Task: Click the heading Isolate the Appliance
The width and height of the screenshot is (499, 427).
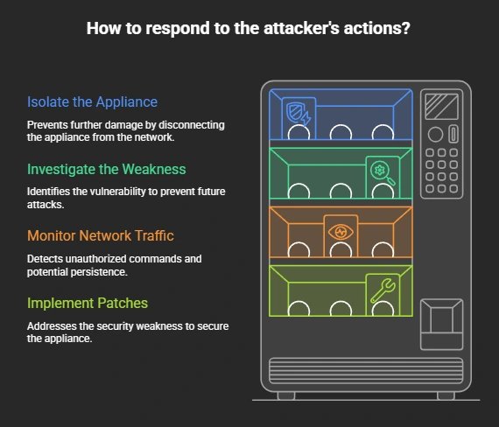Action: tap(92, 102)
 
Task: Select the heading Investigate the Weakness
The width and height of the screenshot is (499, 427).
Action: tap(106, 169)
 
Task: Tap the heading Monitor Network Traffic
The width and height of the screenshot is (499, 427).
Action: tap(101, 235)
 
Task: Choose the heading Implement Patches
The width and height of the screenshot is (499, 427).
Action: tap(88, 304)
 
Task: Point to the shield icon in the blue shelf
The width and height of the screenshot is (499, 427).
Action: tap(298, 113)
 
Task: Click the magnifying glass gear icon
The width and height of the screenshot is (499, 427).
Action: tap(383, 172)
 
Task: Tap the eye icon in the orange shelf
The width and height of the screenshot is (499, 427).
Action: tap(341, 232)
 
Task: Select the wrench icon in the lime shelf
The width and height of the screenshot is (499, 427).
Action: tap(383, 290)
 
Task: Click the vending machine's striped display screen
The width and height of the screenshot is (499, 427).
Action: tap(442, 107)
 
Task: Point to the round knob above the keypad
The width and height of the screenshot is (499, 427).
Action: tap(435, 134)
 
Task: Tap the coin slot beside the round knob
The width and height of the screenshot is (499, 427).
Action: tap(453, 134)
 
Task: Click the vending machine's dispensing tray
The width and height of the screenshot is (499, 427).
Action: tap(441, 325)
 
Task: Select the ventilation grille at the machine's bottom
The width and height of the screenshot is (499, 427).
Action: tap(366, 371)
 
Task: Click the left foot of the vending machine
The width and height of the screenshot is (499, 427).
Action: tap(286, 395)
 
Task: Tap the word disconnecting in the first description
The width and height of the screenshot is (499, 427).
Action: tap(191, 125)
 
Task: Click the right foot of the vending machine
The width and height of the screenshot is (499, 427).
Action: tap(446, 395)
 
